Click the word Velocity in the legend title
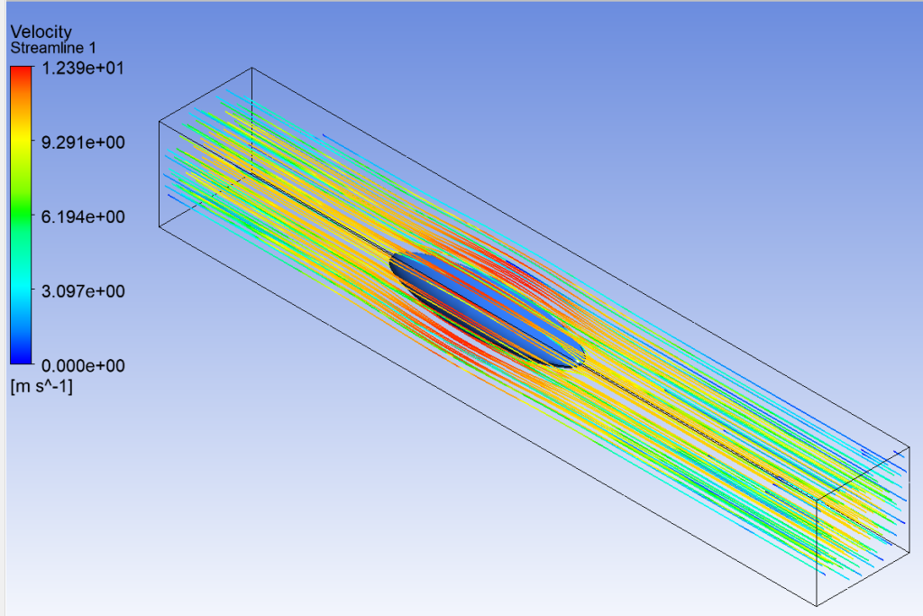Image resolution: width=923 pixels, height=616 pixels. [41, 32]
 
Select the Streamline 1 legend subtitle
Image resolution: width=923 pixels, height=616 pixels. [53, 48]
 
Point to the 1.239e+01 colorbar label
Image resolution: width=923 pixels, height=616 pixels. [83, 68]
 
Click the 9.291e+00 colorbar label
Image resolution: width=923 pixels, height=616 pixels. [83, 142]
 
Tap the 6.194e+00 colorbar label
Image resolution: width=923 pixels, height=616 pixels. [83, 216]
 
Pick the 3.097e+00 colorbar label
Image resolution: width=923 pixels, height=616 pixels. [83, 291]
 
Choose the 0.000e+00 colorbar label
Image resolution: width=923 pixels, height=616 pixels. [83, 365]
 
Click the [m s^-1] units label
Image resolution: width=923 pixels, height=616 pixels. [41, 386]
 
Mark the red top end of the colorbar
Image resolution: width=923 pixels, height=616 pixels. [22, 70]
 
